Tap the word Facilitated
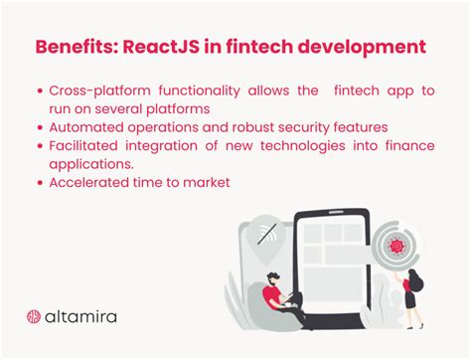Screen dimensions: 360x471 tap(86, 146)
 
